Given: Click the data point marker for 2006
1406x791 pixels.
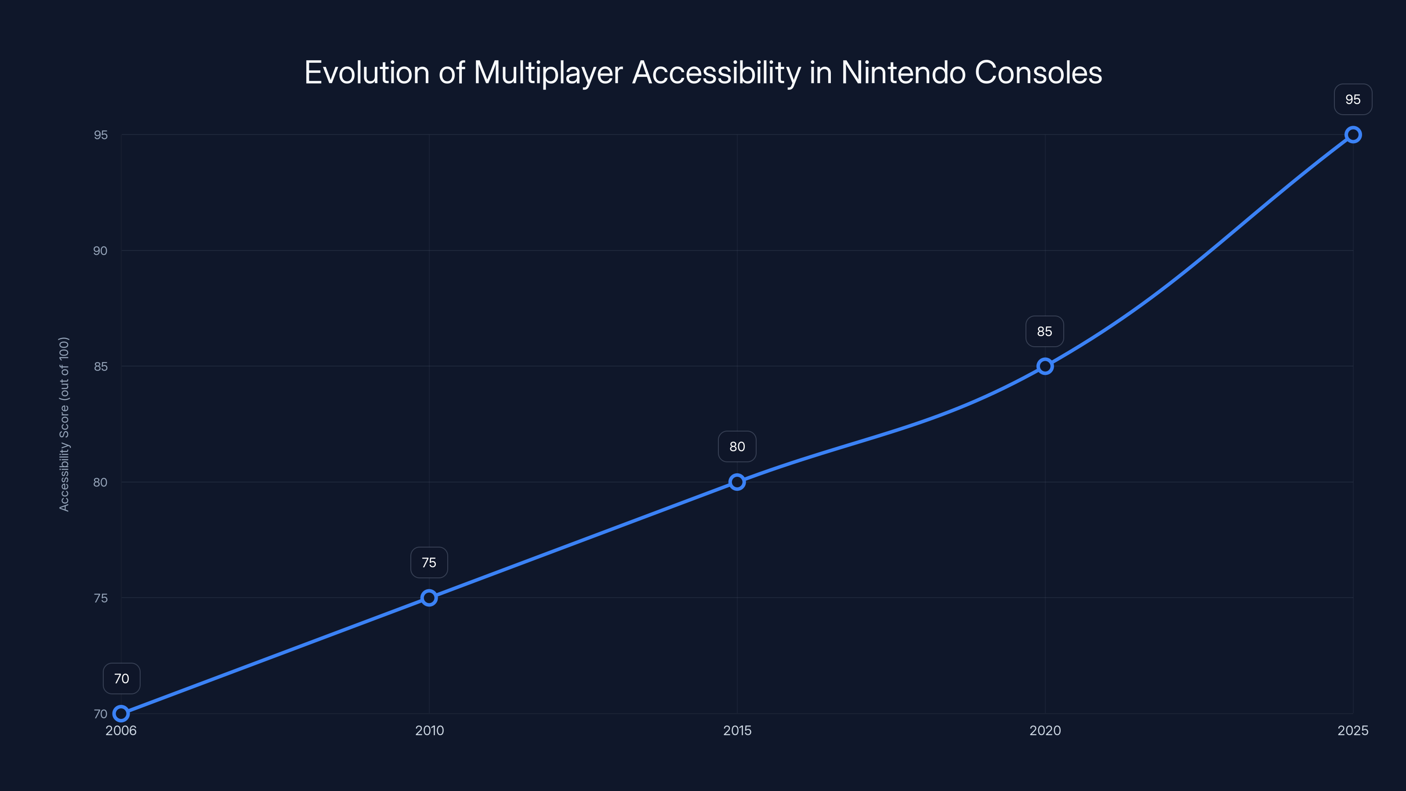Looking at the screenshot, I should point(121,714).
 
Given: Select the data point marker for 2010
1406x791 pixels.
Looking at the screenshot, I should point(429,598).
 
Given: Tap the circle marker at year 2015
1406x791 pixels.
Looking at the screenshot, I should point(737,482).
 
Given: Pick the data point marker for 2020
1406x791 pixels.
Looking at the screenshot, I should point(1045,366).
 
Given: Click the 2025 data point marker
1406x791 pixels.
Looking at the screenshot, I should point(1352,135).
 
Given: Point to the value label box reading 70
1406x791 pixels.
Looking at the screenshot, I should point(121,679).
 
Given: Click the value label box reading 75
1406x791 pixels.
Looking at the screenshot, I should point(429,563).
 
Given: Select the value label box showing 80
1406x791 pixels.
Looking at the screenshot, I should point(737,446).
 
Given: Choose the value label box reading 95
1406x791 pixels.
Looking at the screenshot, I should point(1352,99).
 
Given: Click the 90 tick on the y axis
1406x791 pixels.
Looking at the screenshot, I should point(101,250).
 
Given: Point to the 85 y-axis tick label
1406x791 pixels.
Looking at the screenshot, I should point(101,366).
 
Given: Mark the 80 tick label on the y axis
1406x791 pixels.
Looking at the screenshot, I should point(101,482).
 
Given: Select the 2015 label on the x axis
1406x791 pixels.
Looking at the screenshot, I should point(737,730).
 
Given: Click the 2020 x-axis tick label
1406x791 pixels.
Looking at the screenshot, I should point(1045,730).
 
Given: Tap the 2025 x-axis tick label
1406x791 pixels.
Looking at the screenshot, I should point(1352,730).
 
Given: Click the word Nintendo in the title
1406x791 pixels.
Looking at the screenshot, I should point(903,73).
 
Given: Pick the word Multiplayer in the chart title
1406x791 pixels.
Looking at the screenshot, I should point(547,73).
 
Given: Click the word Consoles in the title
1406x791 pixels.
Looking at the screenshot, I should point(1038,73).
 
